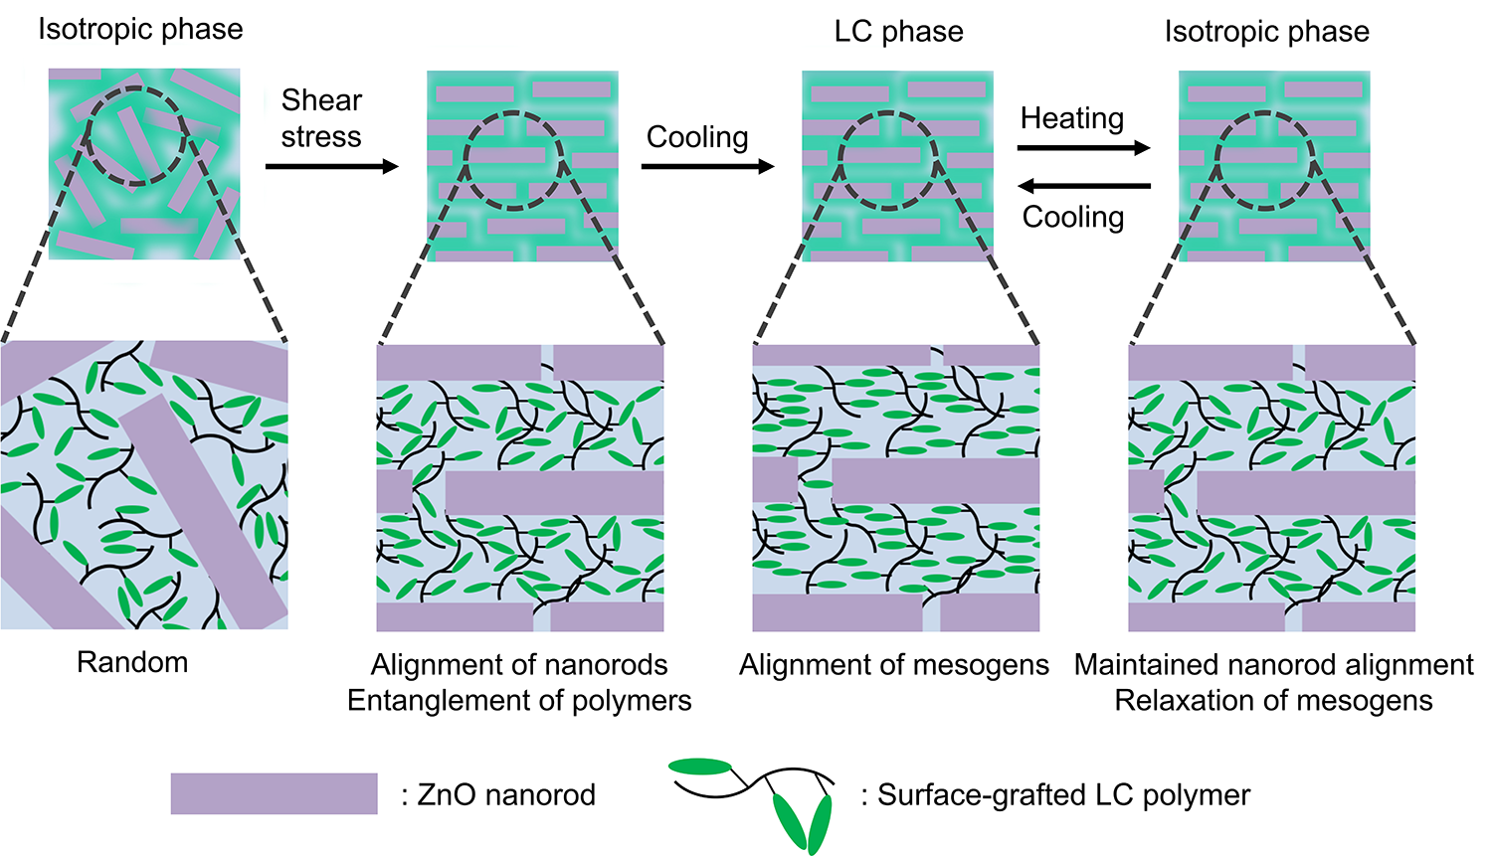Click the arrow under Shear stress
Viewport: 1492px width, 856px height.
pos(331,166)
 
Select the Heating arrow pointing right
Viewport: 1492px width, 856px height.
pos(1084,147)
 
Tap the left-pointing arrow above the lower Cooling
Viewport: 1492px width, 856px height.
pos(1085,186)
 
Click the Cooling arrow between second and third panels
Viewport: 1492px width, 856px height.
pos(708,166)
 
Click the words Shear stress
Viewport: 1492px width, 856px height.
pos(321,118)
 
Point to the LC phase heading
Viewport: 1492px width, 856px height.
pos(898,31)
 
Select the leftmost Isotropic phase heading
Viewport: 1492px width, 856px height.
pos(140,29)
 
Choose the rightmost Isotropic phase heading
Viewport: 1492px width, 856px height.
pos(1267,31)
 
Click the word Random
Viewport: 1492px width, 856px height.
pos(132,662)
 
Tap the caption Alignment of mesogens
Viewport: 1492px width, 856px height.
pos(894,665)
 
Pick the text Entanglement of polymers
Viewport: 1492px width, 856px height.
pos(519,701)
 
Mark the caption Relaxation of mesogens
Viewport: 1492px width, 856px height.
pos(1273,701)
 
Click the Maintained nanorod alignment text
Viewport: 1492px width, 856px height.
pos(1273,665)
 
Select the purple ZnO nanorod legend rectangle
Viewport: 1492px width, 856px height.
pos(274,793)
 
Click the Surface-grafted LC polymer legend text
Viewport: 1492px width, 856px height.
pos(1055,794)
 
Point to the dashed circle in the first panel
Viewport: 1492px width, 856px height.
pos(136,87)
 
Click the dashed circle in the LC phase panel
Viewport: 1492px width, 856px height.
pos(888,112)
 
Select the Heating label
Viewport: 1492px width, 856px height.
pos(1072,118)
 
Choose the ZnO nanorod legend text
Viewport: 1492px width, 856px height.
pos(499,794)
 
